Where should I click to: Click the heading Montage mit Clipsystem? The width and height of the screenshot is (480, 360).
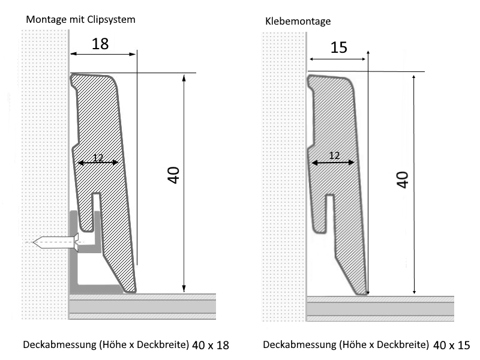[x=80, y=19]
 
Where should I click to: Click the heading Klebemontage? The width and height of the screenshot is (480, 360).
[x=298, y=21]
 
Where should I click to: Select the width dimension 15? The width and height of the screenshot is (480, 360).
[x=338, y=47]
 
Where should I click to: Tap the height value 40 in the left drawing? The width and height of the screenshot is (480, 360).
[x=173, y=176]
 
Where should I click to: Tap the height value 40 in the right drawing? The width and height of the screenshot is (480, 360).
[x=403, y=179]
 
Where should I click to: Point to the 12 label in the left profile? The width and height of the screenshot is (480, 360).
[x=98, y=158]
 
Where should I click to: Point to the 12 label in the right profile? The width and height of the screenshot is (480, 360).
[x=335, y=155]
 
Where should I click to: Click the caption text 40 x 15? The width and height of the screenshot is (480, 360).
[x=451, y=345]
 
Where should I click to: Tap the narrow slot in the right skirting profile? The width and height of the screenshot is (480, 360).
[x=329, y=210]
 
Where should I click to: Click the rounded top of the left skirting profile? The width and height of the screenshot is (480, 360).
[x=93, y=77]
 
